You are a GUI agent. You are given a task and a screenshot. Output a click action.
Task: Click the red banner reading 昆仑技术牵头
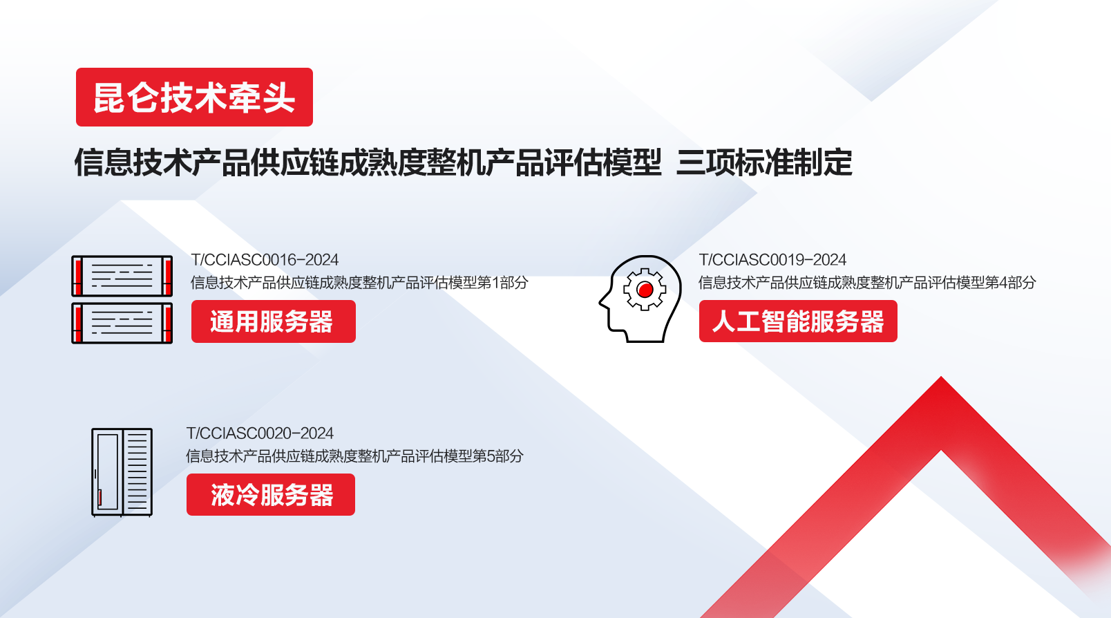pyautogui.click(x=194, y=97)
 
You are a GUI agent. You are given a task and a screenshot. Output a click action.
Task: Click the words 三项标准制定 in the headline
pyautogui.click(x=764, y=162)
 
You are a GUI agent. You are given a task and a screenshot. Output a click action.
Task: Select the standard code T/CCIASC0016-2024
pyautogui.click(x=265, y=260)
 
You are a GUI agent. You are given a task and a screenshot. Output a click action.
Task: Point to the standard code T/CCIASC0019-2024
pyautogui.click(x=772, y=260)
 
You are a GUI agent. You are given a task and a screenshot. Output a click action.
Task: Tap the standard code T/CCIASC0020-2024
pyautogui.click(x=260, y=433)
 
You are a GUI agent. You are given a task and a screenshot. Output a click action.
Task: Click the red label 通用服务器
pyautogui.click(x=274, y=321)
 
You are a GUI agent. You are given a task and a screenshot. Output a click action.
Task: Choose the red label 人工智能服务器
pyautogui.click(x=798, y=321)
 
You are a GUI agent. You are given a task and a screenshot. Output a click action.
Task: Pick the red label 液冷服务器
pyautogui.click(x=271, y=494)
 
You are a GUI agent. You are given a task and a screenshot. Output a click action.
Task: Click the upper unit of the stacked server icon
pyautogui.click(x=122, y=276)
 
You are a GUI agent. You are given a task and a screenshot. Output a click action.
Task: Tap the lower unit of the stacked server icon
pyautogui.click(x=122, y=323)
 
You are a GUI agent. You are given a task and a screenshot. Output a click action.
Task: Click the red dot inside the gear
pyautogui.click(x=645, y=290)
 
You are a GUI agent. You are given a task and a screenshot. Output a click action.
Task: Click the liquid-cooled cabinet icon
pyautogui.click(x=122, y=472)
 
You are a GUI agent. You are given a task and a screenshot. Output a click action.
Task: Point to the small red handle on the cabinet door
pyautogui.click(x=99, y=498)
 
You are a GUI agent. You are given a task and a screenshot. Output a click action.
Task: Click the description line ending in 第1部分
pyautogui.click(x=359, y=283)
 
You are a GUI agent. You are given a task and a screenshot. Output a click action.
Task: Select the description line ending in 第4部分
pyautogui.click(x=868, y=283)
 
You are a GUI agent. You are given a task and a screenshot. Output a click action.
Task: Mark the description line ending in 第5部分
pyautogui.click(x=354, y=456)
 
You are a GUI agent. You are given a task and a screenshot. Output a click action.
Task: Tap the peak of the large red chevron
pyautogui.click(x=941, y=377)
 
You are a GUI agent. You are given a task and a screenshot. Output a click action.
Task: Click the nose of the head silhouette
pyautogui.click(x=600, y=302)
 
